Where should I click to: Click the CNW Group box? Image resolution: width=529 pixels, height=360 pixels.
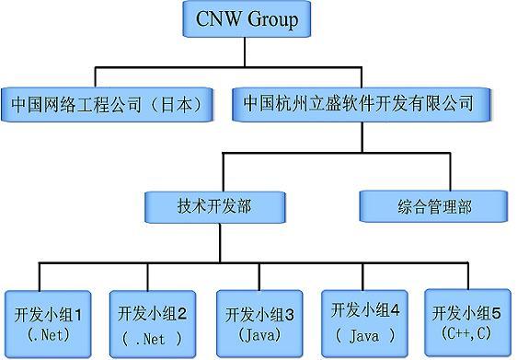click(x=247, y=18)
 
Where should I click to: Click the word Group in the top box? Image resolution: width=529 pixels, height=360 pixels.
click(x=273, y=19)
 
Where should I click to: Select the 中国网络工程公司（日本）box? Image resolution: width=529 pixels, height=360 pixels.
click(x=107, y=104)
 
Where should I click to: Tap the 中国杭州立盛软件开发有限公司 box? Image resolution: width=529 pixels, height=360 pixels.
click(x=362, y=104)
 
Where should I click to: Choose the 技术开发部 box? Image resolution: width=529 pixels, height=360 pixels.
click(x=215, y=207)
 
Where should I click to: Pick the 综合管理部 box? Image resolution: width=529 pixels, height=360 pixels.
click(x=433, y=206)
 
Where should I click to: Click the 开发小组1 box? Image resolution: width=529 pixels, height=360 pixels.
click(x=48, y=324)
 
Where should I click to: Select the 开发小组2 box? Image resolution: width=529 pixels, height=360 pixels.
click(x=153, y=324)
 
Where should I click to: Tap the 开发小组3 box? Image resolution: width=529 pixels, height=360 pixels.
click(x=259, y=323)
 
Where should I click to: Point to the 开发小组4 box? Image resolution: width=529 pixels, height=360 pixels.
click(x=364, y=323)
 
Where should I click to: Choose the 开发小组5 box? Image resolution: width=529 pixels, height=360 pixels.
click(x=468, y=322)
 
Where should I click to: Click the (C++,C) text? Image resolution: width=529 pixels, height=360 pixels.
click(x=466, y=333)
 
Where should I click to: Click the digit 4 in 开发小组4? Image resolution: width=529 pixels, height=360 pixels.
click(x=395, y=309)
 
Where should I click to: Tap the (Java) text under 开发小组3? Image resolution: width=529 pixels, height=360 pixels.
click(x=259, y=334)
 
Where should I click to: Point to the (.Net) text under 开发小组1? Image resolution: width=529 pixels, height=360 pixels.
click(x=49, y=334)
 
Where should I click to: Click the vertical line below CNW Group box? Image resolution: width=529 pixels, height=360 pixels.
click(x=245, y=52)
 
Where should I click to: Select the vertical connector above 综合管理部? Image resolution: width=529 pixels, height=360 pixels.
click(x=450, y=171)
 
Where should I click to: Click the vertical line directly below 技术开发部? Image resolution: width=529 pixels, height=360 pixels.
click(x=220, y=242)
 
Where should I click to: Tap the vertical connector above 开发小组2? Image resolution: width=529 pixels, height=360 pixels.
click(x=147, y=276)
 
